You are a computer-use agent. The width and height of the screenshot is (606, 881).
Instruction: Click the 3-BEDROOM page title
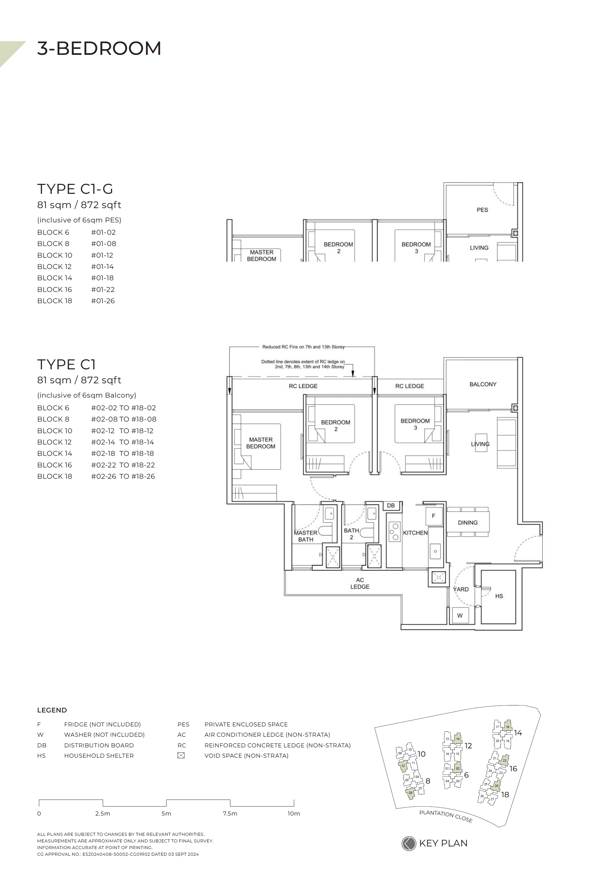click(99, 49)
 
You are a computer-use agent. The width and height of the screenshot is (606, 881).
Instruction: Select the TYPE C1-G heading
click(75, 189)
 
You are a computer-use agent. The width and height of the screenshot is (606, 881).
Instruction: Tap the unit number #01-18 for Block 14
click(102, 278)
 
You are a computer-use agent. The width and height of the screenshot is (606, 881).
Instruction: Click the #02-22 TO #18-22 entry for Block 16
click(123, 465)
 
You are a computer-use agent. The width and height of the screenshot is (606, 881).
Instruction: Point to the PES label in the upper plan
click(482, 210)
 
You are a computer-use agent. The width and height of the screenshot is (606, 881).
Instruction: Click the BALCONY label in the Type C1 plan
click(483, 384)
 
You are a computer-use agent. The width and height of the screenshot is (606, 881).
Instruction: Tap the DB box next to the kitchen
click(391, 505)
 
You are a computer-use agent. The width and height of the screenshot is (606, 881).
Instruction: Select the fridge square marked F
click(433, 516)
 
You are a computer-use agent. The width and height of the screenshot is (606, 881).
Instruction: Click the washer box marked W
click(460, 616)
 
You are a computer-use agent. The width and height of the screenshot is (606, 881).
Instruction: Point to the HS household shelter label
click(499, 596)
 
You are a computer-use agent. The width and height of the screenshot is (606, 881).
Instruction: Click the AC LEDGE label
click(360, 583)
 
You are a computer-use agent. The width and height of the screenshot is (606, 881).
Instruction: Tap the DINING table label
click(467, 523)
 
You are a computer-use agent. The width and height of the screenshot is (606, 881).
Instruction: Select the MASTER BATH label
click(305, 536)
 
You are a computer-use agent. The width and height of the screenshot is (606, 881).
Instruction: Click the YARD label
click(461, 589)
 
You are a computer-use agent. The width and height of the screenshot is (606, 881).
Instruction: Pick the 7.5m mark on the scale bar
click(230, 814)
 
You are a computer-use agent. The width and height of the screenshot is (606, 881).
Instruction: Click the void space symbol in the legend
click(181, 755)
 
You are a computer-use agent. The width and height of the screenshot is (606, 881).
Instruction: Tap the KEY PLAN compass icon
click(409, 843)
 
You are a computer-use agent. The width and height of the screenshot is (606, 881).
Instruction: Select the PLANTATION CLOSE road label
click(446, 817)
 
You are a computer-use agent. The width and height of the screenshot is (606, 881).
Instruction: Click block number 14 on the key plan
click(518, 732)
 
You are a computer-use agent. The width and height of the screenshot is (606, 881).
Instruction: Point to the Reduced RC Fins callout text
click(303, 347)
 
